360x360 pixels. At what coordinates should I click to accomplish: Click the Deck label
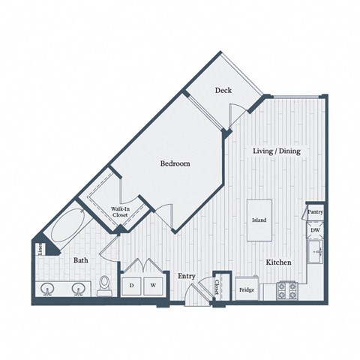223,91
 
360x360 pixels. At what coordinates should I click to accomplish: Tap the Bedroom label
174,163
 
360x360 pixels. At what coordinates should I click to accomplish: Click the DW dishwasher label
315,231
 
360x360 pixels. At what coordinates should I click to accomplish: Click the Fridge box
246,289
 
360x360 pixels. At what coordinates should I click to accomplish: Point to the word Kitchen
278,262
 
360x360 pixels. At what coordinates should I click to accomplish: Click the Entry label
187,276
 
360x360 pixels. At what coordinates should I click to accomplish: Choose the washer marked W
152,285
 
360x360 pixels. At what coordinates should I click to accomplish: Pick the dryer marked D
132,285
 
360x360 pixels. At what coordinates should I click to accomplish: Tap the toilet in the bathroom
106,284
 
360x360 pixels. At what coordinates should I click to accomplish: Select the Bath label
81,260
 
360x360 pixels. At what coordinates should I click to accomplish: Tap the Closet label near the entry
217,286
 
